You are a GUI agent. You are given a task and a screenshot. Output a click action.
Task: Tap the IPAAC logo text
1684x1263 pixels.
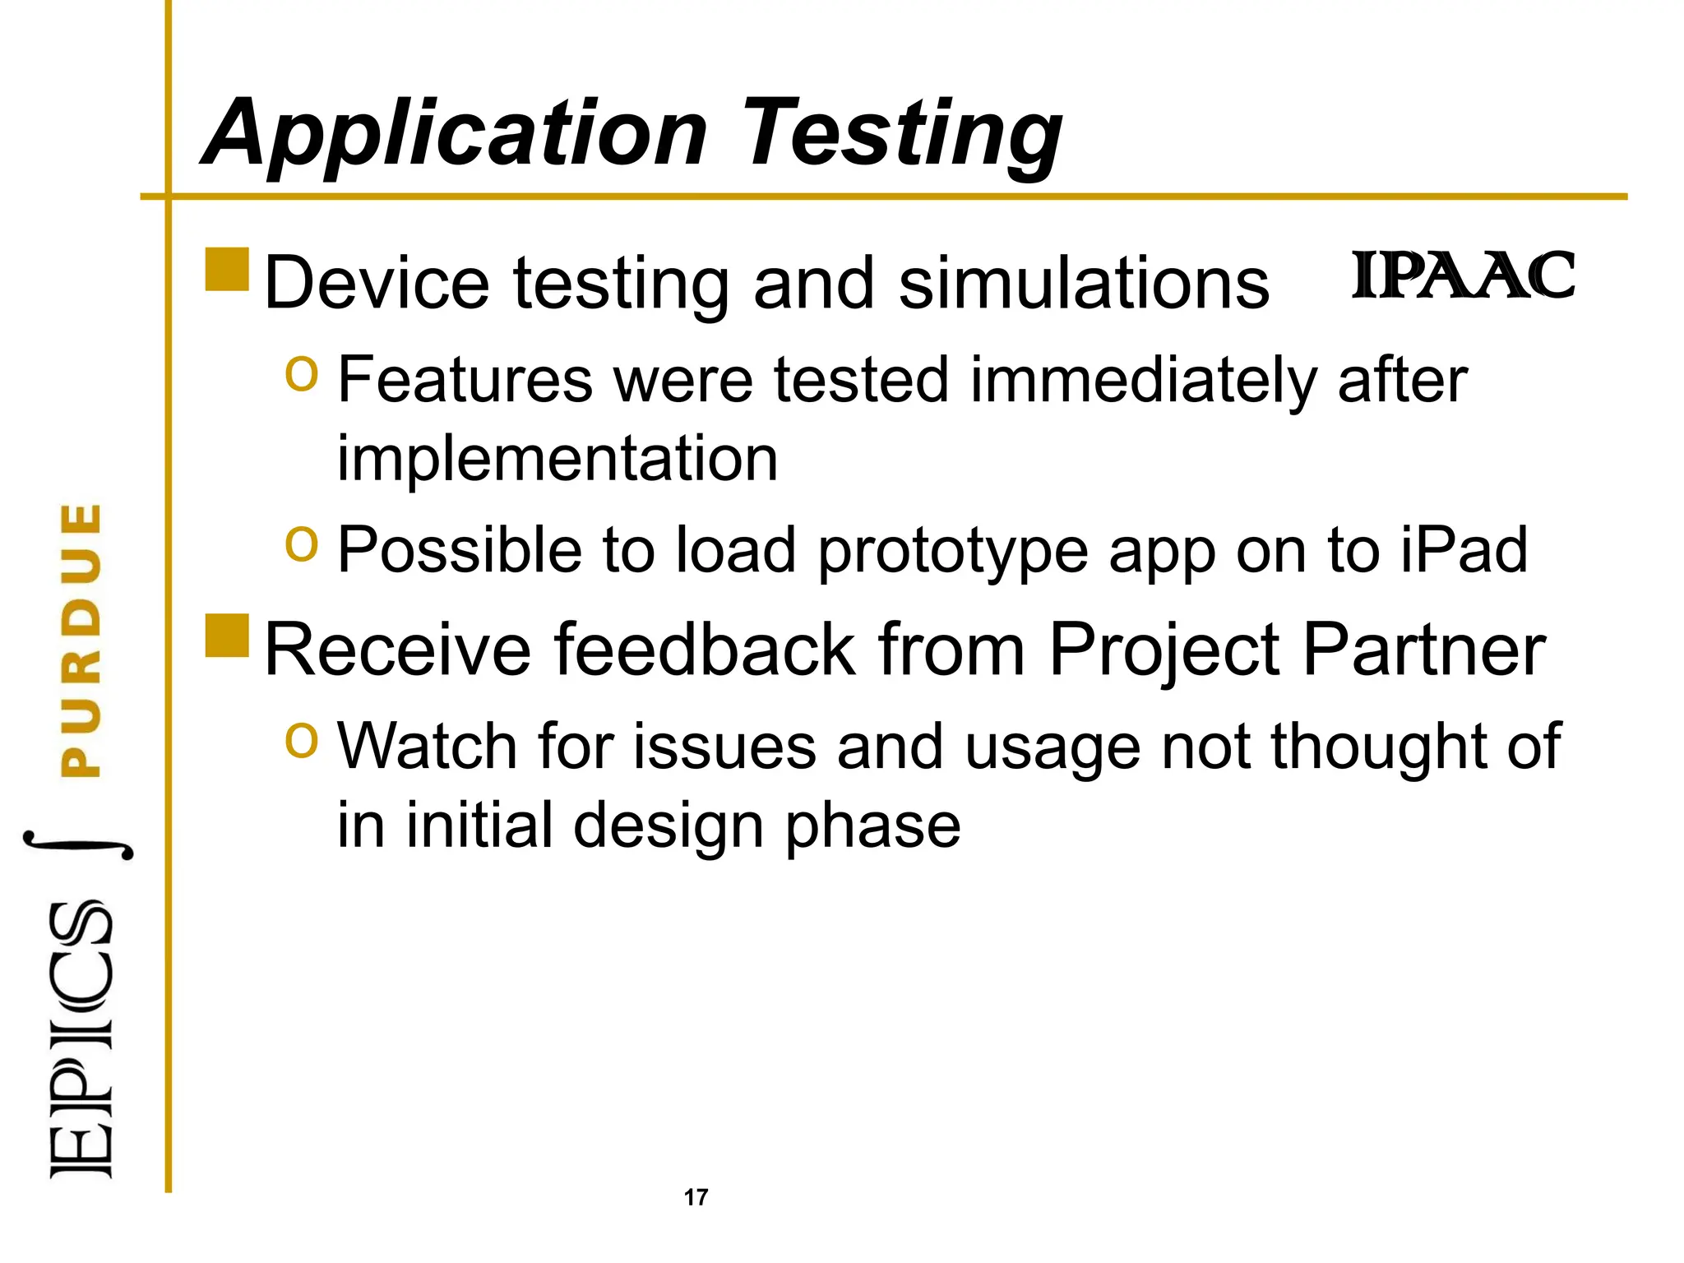[x=1463, y=276]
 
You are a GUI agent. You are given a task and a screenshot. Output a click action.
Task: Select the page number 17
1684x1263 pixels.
[x=696, y=1197]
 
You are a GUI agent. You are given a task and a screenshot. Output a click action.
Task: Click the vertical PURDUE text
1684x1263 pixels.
[x=81, y=640]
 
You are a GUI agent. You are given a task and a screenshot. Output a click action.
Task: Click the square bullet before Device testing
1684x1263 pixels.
[x=227, y=269]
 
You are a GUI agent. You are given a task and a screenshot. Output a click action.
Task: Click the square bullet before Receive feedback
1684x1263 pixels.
[x=227, y=636]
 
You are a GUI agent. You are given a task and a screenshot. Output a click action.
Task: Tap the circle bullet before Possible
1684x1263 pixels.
[x=301, y=544]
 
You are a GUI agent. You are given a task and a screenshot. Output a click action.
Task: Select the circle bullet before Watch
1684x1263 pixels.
[x=301, y=739]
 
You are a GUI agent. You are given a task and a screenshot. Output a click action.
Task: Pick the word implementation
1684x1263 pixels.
[x=557, y=458]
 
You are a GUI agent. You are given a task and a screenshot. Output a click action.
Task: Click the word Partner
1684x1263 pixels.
[x=1423, y=650]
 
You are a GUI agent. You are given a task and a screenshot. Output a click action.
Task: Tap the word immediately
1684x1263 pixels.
[x=1144, y=381]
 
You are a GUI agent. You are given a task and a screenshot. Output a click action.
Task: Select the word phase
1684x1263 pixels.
[x=872, y=826]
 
